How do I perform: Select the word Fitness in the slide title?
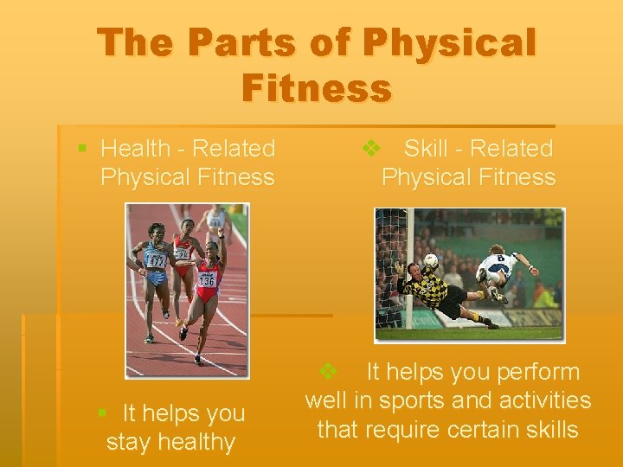pyautogui.click(x=317, y=88)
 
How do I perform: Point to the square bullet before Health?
pyautogui.click(x=82, y=149)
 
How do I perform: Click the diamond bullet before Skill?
pyautogui.click(x=370, y=149)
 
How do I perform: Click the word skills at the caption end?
pyautogui.click(x=547, y=429)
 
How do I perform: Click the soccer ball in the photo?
pyautogui.click(x=430, y=259)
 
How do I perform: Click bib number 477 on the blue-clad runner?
pyautogui.click(x=157, y=259)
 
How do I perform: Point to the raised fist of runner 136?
pyautogui.click(x=222, y=233)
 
